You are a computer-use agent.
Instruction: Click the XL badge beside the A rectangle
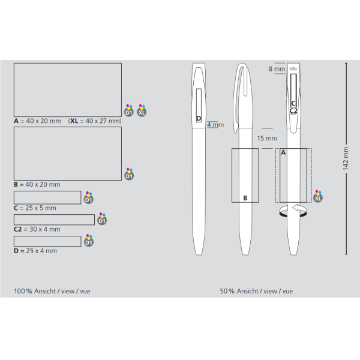[142, 110]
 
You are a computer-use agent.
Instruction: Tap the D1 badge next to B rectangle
[129, 174]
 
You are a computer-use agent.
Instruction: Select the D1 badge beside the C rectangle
[89, 197]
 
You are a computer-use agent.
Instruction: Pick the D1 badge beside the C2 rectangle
[102, 218]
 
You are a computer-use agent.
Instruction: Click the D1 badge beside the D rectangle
[89, 240]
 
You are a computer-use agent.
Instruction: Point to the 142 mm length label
[346, 158]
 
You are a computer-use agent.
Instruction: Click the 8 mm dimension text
[277, 68]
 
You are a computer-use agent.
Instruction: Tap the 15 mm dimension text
[267, 139]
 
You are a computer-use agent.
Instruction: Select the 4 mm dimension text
[215, 125]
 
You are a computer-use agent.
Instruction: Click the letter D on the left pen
[199, 118]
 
